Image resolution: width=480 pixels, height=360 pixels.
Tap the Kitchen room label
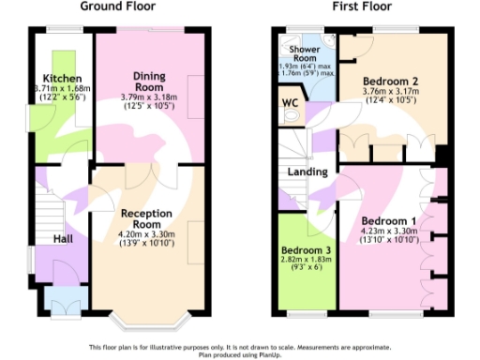tap(61, 78)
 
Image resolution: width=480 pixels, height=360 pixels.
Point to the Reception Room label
tap(147, 218)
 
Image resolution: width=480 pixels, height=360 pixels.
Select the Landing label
tap(308, 172)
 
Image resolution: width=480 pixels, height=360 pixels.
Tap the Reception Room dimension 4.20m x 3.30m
tap(147, 234)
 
